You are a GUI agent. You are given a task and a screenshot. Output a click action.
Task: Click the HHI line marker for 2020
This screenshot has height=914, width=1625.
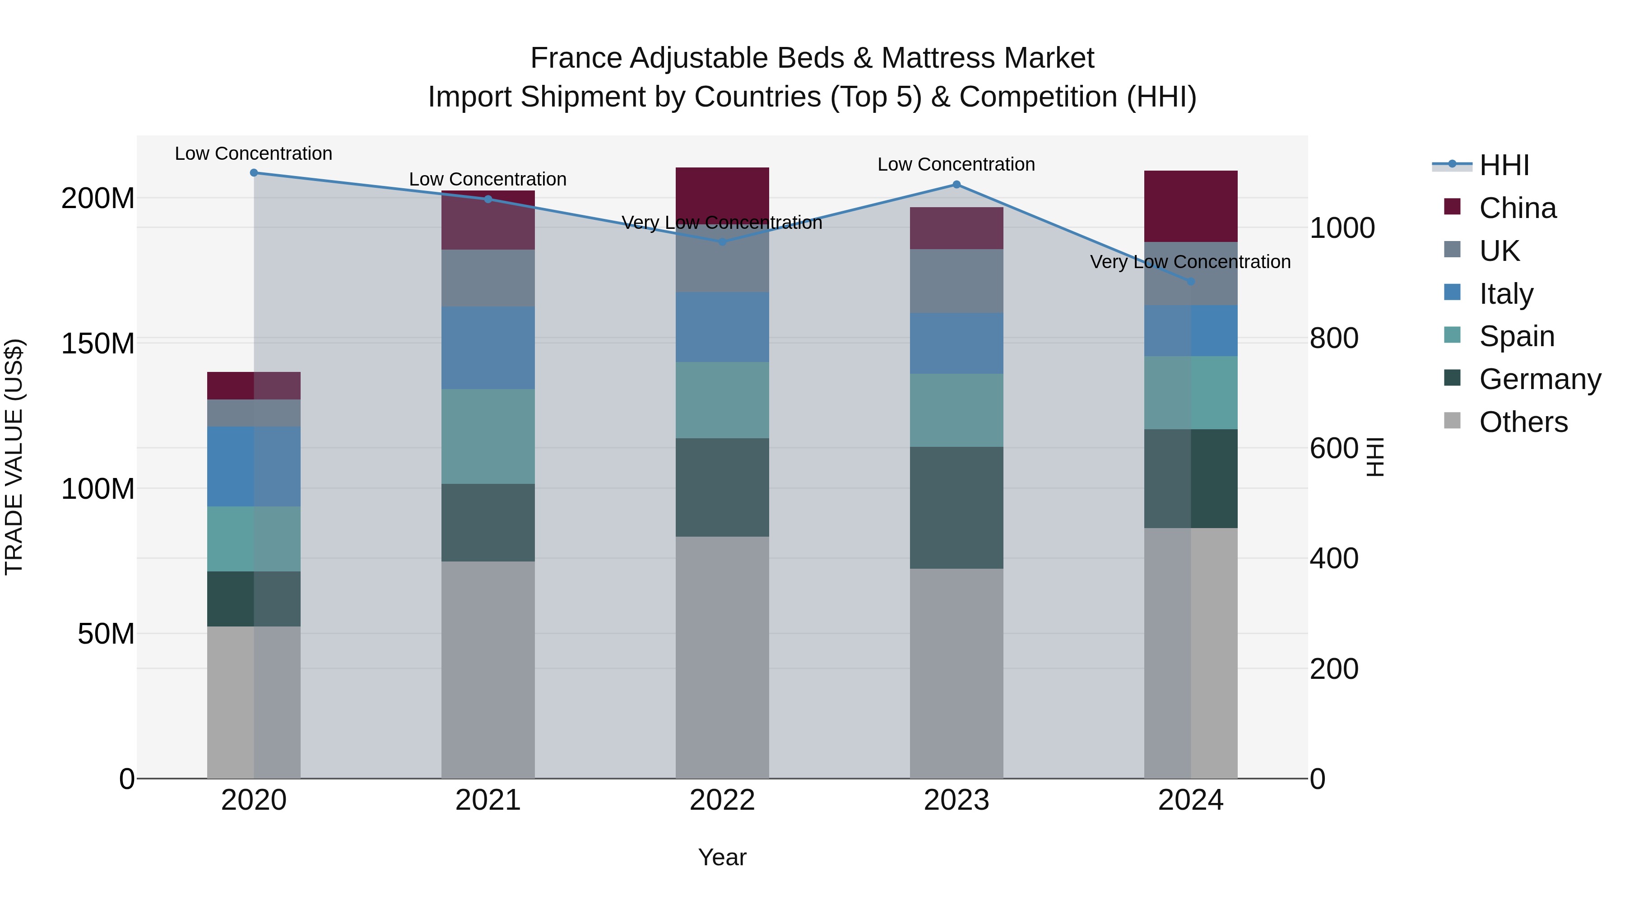point(254,172)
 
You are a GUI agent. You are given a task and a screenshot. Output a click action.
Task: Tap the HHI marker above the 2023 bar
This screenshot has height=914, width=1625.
point(956,184)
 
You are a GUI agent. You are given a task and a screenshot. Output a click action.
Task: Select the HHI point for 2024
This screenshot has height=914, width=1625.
point(1190,281)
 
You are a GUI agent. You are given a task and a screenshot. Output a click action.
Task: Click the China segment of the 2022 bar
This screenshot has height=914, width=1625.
point(722,192)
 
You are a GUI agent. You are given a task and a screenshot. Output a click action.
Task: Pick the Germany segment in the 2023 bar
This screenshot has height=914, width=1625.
point(956,508)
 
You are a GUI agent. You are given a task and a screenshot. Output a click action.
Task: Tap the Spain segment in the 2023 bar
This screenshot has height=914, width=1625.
point(956,410)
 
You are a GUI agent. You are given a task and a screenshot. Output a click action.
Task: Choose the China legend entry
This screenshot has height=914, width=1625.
point(1517,208)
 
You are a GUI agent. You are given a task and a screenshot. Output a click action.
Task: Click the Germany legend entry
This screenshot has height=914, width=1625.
point(1539,379)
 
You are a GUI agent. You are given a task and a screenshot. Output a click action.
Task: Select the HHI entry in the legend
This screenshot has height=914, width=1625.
point(1504,165)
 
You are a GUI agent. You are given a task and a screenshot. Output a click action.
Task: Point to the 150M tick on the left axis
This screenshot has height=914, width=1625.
point(98,344)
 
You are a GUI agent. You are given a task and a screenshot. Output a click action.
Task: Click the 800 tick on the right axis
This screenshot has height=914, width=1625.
point(1333,338)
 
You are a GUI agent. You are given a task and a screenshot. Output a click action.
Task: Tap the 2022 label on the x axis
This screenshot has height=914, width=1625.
point(722,800)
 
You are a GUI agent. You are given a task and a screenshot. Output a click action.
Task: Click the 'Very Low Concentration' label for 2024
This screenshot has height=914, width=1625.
point(1190,262)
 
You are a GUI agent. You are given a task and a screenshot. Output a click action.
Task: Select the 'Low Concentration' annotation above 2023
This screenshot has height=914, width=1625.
point(956,164)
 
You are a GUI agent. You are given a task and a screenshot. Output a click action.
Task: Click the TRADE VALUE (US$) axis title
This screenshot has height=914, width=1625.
point(14,457)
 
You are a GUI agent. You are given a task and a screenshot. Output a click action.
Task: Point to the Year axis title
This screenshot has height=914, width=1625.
point(722,857)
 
